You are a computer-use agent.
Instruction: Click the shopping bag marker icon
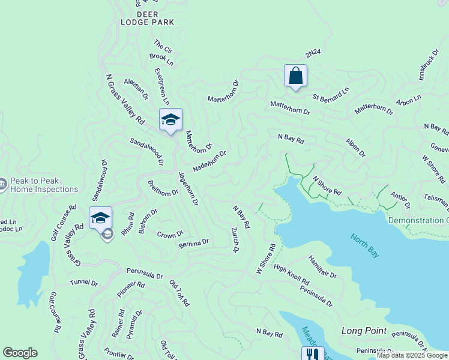[295, 76]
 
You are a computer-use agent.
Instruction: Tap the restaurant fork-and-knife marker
[312, 355]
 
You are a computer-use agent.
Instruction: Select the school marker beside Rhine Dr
[100, 218]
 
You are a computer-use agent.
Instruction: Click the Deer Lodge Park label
[147, 18]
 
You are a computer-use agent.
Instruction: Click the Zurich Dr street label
[235, 239]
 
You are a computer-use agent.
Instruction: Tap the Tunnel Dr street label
[83, 283]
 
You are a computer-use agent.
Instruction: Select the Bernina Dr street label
[193, 243]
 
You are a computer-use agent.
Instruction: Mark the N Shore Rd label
[327, 185]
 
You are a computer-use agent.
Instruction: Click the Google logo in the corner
[20, 353]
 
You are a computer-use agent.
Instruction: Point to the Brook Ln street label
[161, 59]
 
